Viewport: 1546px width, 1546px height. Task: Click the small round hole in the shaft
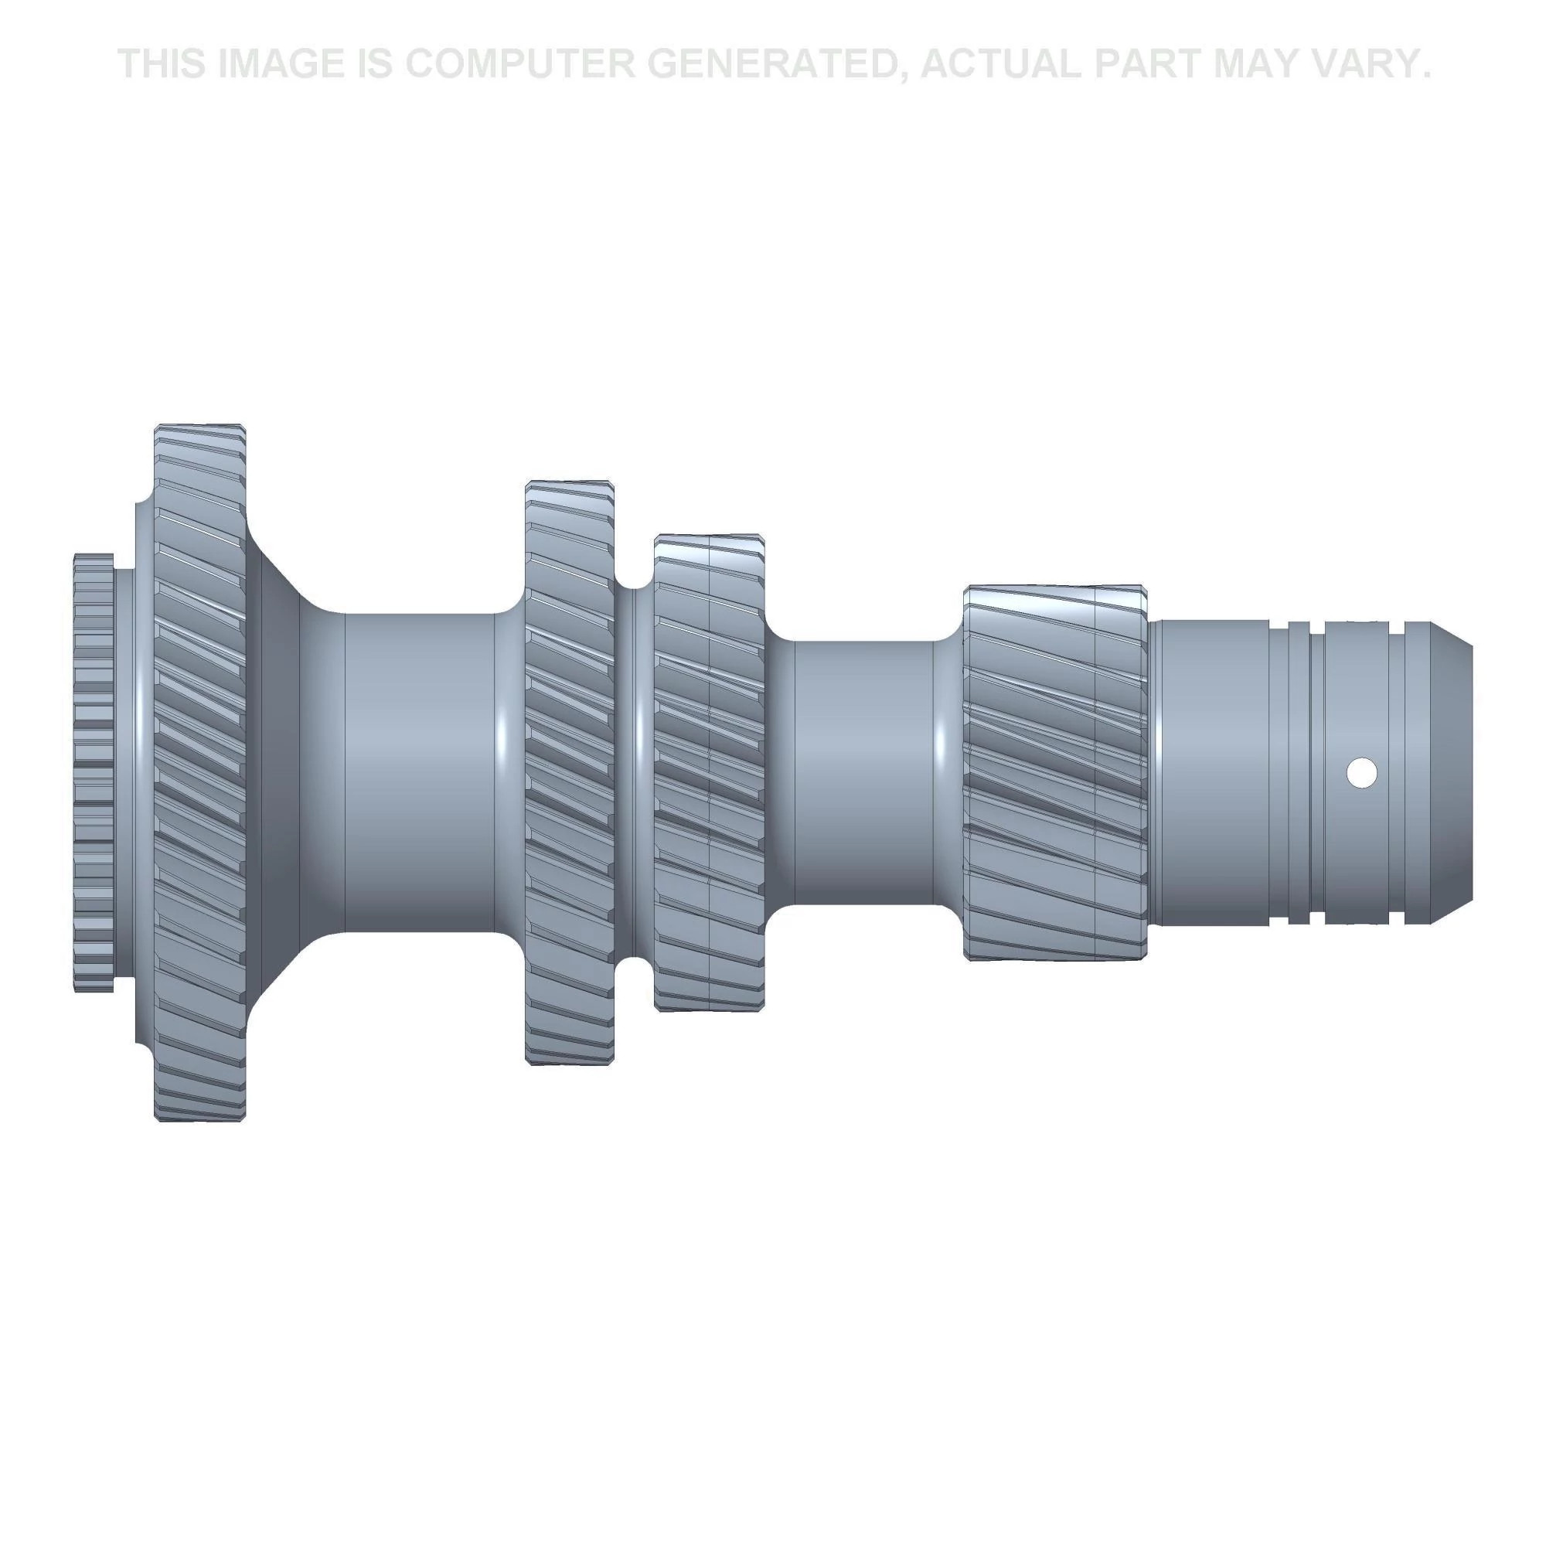(1361, 773)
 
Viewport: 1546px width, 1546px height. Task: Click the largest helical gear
(199, 772)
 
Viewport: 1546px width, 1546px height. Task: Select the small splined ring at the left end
(94, 773)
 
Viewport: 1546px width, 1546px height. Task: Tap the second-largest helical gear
(570, 772)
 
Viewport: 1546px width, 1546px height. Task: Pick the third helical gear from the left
(709, 773)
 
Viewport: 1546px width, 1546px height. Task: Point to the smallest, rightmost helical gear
(1054, 773)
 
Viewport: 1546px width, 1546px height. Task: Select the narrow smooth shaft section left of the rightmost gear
(864, 773)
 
